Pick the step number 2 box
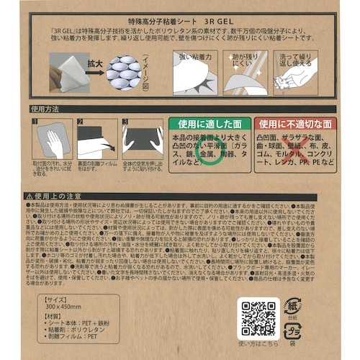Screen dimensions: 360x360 coord(82,122)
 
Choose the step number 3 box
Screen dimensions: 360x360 coord(125,122)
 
